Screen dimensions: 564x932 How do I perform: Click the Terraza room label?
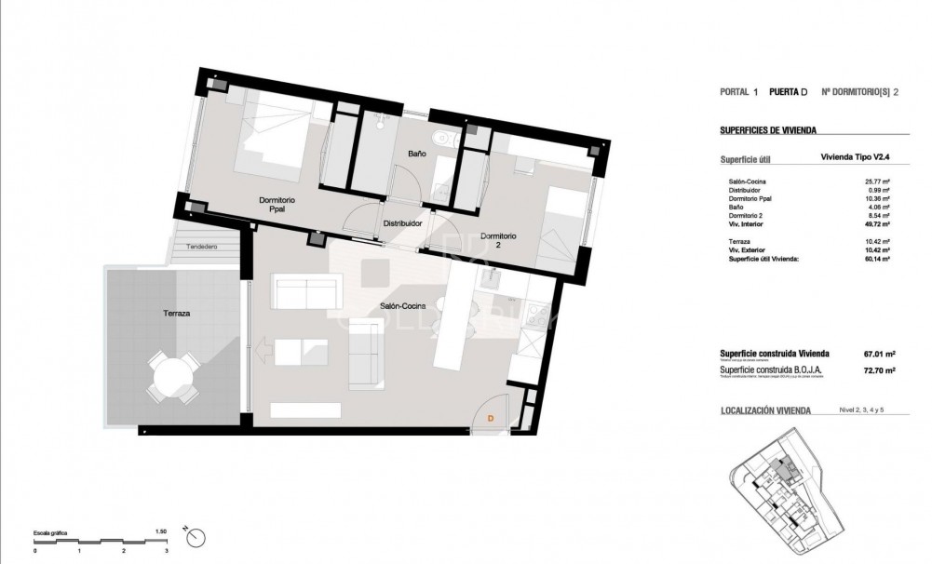point(174,315)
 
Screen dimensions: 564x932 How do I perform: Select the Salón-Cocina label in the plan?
point(403,306)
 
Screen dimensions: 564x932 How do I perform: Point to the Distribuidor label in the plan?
point(402,224)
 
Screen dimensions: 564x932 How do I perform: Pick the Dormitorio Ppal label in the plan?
point(277,205)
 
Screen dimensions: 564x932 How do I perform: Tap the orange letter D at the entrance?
point(490,420)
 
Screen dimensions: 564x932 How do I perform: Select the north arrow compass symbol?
point(195,536)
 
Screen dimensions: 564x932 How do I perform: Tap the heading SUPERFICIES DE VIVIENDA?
point(775,131)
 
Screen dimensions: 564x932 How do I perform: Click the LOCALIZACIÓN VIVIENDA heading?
point(766,410)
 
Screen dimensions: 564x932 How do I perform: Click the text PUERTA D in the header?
point(789,92)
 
